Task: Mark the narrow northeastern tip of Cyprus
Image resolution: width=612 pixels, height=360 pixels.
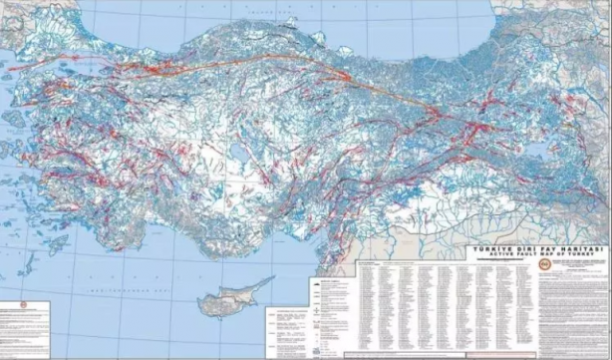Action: coord(268,279)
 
